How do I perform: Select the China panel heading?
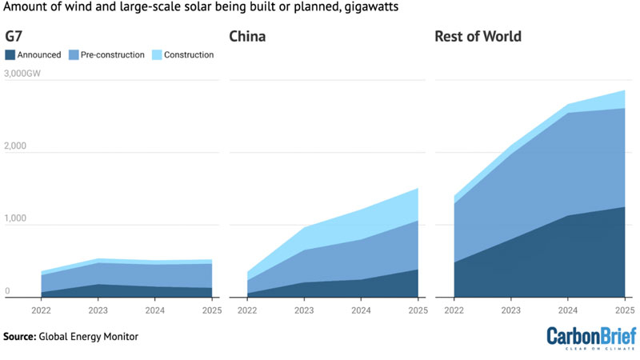click(247, 36)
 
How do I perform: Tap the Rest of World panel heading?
click(478, 36)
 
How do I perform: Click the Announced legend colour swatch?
click(10, 55)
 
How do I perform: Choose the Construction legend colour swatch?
click(157, 55)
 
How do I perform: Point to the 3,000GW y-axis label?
click(22, 74)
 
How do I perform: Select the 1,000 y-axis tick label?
click(15, 218)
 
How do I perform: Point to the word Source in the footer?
click(19, 337)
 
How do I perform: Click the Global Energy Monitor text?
click(89, 337)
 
